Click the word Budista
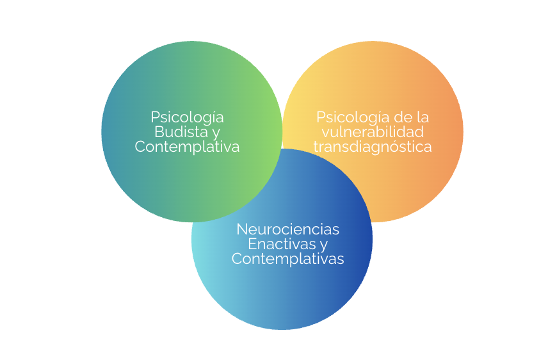181,133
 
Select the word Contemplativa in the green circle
187,147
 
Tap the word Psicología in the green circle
187,117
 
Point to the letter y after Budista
216,134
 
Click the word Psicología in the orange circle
353,117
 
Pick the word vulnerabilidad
373,133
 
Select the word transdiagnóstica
373,147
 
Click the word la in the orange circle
423,117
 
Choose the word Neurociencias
288,229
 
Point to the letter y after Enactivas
323,245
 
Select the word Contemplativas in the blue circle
288,259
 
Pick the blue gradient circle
282,295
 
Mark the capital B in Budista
159,133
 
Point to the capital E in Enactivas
252,244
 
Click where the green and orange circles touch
282,131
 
